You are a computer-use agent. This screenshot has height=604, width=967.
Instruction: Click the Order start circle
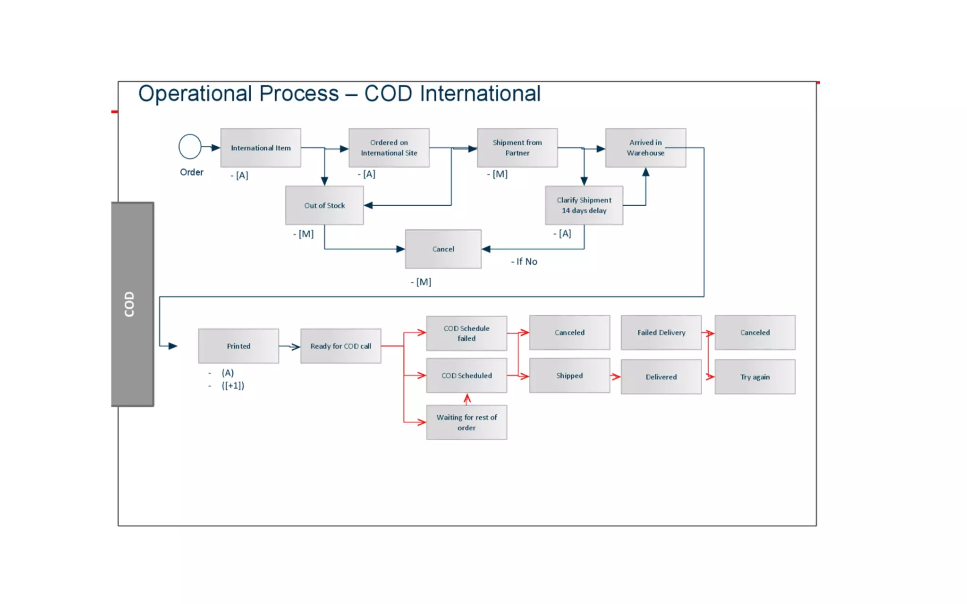pyautogui.click(x=190, y=147)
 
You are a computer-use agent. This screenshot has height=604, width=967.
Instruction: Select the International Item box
pyautogui.click(x=261, y=148)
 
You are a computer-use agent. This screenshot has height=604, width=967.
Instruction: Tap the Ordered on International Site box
pyautogui.click(x=389, y=148)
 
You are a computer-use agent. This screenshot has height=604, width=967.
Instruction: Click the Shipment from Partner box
pyautogui.click(x=517, y=148)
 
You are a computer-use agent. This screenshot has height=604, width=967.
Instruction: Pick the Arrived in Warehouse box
pyautogui.click(x=645, y=148)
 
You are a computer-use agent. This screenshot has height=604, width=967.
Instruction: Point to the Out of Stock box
pyautogui.click(x=324, y=205)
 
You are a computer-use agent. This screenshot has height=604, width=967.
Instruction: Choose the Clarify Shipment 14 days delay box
pyautogui.click(x=584, y=205)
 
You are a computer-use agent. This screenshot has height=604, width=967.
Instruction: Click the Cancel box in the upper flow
pyautogui.click(x=443, y=249)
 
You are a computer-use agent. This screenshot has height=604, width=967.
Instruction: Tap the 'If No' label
pyautogui.click(x=525, y=261)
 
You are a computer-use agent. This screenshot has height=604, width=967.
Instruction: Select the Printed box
pyautogui.click(x=238, y=346)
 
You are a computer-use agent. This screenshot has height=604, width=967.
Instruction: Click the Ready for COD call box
pyautogui.click(x=340, y=346)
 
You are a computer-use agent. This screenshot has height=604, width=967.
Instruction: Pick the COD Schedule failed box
pyautogui.click(x=467, y=333)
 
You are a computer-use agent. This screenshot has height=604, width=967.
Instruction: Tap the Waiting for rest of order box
pyautogui.click(x=467, y=422)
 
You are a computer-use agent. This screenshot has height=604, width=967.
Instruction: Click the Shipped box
pyautogui.click(x=569, y=376)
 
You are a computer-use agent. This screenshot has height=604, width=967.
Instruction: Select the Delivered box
pyautogui.click(x=661, y=377)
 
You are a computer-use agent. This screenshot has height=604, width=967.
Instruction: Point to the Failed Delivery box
pyautogui.click(x=661, y=333)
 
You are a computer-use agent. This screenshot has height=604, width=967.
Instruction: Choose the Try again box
pyautogui.click(x=755, y=377)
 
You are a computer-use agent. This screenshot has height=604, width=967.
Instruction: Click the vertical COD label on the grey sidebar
pyautogui.click(x=129, y=304)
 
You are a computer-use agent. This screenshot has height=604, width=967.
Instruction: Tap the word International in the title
pyautogui.click(x=480, y=93)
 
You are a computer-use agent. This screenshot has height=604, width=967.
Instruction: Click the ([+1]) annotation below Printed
pyautogui.click(x=233, y=386)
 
